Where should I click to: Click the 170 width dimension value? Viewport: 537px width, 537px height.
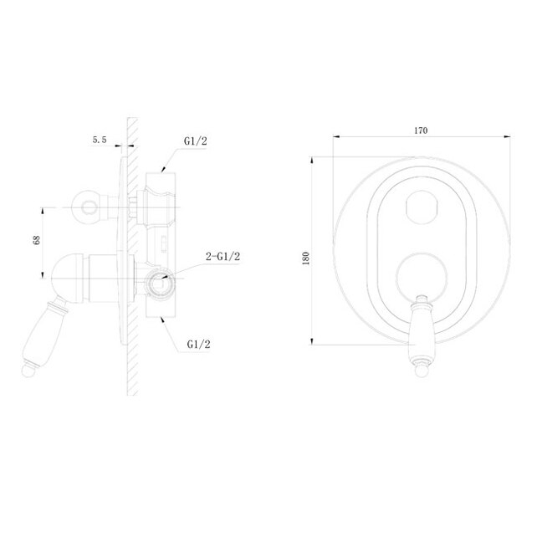[421, 130]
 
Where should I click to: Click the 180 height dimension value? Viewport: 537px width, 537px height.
[306, 258]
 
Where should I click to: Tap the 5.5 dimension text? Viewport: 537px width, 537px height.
[100, 140]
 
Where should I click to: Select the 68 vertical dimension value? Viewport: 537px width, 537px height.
[37, 240]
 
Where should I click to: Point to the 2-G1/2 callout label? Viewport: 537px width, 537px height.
[222, 256]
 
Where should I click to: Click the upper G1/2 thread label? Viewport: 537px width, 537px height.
[196, 141]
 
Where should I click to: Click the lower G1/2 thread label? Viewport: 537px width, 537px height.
[198, 344]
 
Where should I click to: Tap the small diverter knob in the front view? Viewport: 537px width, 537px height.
[422, 207]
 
